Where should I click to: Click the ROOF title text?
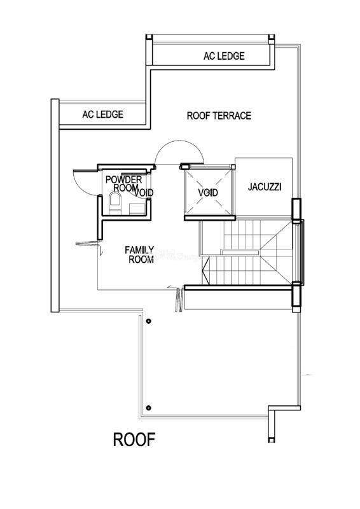click(134, 440)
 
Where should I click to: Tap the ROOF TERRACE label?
click(219, 116)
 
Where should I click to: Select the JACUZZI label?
click(265, 187)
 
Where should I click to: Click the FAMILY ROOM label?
click(139, 254)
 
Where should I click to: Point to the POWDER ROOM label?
click(123, 183)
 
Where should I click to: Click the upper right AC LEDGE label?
click(224, 56)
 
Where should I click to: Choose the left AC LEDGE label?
click(102, 115)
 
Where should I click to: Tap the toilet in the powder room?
click(114, 203)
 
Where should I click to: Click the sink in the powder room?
click(135, 209)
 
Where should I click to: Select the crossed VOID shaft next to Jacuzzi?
click(209, 192)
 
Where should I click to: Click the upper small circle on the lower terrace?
click(148, 321)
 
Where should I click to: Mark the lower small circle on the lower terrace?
click(148, 408)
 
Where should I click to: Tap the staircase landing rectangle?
click(240, 252)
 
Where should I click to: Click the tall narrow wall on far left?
click(55, 206)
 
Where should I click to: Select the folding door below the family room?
click(179, 300)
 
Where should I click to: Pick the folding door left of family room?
click(87, 244)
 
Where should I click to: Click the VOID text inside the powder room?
click(144, 193)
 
